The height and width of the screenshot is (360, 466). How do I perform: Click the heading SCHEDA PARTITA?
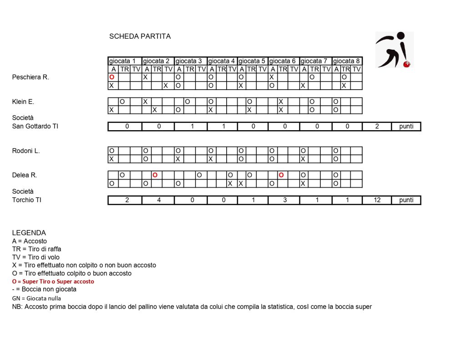click(x=140, y=36)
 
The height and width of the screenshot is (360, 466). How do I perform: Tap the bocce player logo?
click(x=394, y=50)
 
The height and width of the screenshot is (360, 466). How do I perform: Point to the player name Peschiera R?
click(x=30, y=77)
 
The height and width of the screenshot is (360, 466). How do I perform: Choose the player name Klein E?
click(x=23, y=102)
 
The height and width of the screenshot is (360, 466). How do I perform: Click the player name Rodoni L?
click(x=26, y=151)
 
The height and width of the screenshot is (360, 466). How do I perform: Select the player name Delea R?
click(x=25, y=175)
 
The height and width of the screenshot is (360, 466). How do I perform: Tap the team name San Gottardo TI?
click(x=35, y=127)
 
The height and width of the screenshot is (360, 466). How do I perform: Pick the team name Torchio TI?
click(x=26, y=200)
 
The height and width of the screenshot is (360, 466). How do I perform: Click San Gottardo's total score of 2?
click(x=377, y=127)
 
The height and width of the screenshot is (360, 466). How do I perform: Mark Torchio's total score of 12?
click(x=377, y=200)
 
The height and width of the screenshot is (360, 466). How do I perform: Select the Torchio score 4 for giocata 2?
click(x=159, y=200)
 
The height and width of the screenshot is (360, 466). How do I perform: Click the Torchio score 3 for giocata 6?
click(x=284, y=200)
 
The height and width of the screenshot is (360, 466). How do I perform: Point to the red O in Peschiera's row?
click(x=111, y=77)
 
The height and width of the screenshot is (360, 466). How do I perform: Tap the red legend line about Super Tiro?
click(x=53, y=282)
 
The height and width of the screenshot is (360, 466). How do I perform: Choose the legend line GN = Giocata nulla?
click(x=36, y=298)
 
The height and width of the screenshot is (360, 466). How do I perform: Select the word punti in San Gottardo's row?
click(x=406, y=127)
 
